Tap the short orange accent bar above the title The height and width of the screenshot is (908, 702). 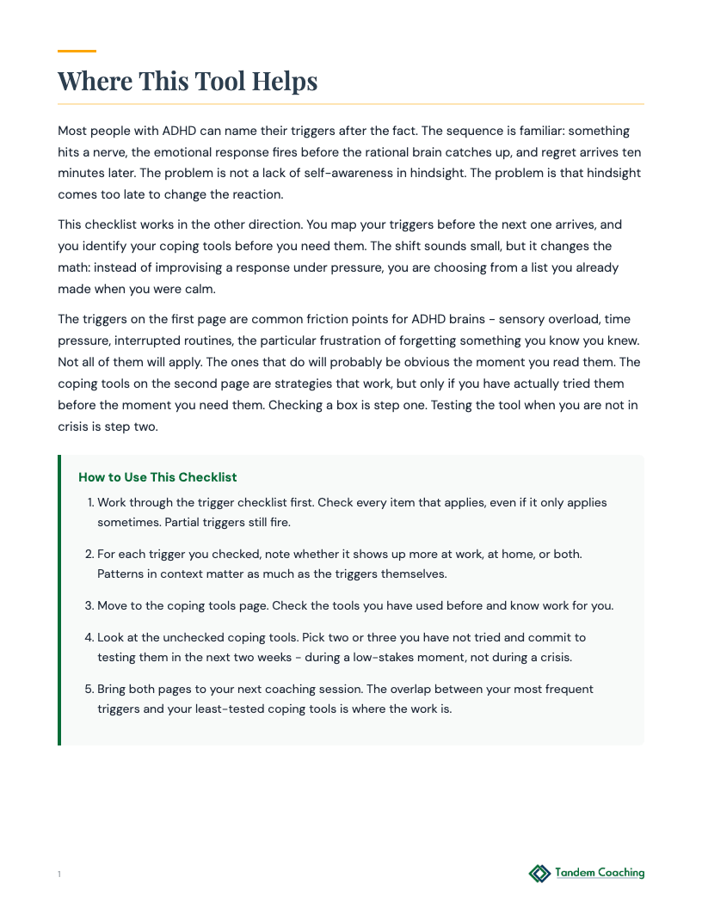click(77, 52)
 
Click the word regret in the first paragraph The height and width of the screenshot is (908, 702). click(538, 152)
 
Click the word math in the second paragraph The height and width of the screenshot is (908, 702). click(73, 267)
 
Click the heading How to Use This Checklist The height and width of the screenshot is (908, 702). click(157, 477)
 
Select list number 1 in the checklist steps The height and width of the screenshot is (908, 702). click(90, 502)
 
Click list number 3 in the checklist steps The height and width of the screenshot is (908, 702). click(89, 605)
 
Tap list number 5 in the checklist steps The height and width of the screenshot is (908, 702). click(89, 689)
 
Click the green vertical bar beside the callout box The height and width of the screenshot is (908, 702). click(59, 599)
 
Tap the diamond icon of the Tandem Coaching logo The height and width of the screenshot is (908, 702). click(539, 874)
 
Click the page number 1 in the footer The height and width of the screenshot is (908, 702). click(59, 874)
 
